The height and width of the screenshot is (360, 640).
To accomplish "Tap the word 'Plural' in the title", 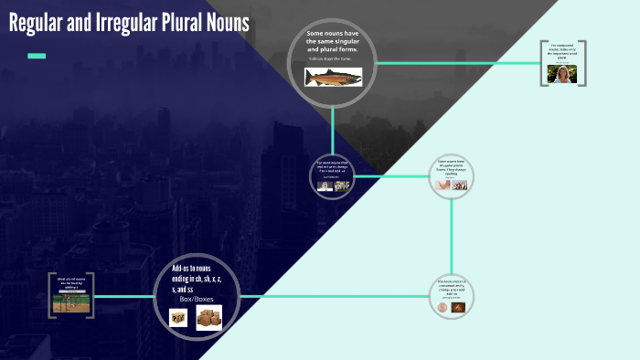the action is [183, 23].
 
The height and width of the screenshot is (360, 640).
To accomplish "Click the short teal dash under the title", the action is [37, 56].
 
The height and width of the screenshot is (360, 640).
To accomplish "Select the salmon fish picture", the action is [333, 78].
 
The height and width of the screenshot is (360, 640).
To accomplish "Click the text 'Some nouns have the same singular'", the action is [333, 39].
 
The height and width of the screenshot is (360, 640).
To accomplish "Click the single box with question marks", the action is [179, 317].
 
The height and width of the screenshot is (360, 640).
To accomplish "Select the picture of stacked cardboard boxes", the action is [209, 317].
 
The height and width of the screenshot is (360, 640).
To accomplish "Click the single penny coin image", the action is [443, 309].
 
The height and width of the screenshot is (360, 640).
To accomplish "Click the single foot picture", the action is [443, 185].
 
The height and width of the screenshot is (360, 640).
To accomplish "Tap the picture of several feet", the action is [460, 185].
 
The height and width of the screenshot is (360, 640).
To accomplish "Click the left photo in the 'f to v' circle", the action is [324, 185].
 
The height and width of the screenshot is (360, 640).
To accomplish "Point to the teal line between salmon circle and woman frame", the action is [457, 63].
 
